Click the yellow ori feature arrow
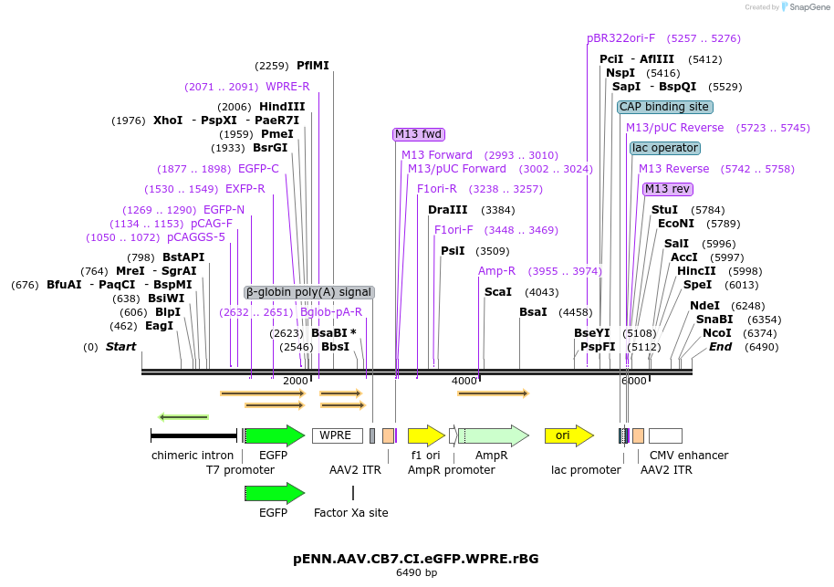(x=568, y=435)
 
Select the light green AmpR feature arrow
(x=493, y=435)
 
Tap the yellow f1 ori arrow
(x=425, y=435)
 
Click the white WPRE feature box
(x=337, y=435)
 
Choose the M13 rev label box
(x=667, y=189)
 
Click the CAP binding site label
(x=664, y=107)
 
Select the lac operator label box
(x=664, y=148)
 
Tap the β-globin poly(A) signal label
(x=309, y=292)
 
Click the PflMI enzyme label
(x=313, y=66)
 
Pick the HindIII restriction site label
(x=282, y=107)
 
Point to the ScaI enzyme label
(x=497, y=292)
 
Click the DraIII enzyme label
(x=447, y=210)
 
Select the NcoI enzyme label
(x=716, y=333)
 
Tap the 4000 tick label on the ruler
(x=464, y=381)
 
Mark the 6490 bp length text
(x=416, y=573)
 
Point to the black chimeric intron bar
(x=193, y=435)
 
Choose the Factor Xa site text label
(x=351, y=513)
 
